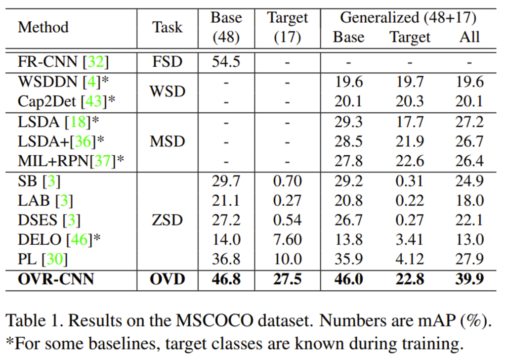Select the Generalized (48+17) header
[408, 18]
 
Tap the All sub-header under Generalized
[469, 37]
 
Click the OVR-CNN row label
[56, 279]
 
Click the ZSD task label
[168, 220]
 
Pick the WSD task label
[168, 91]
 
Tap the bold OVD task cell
[168, 279]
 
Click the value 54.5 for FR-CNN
[226, 62]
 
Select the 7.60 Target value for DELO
[288, 239]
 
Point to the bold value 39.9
[469, 279]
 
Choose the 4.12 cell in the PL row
[410, 259]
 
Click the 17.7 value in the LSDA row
[410, 122]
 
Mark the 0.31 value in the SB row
[410, 181]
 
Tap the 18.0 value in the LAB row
[469, 200]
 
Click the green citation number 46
[79, 240]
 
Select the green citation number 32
[96, 62]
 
